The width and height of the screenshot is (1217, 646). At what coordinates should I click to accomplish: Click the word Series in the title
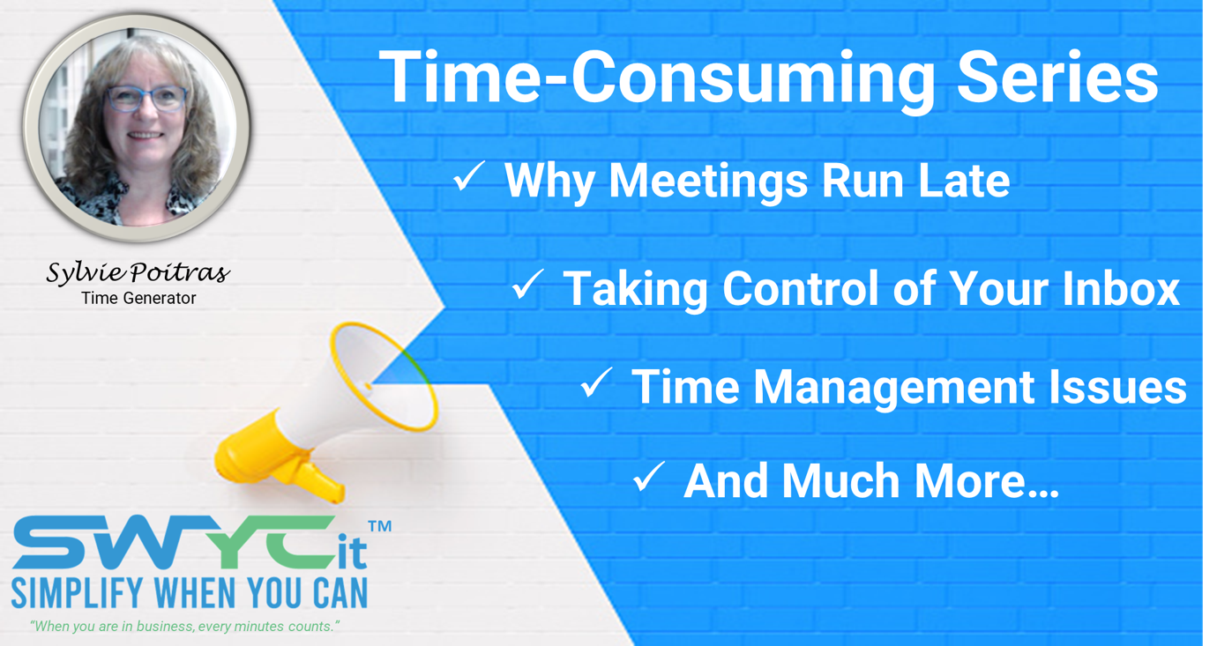(1057, 77)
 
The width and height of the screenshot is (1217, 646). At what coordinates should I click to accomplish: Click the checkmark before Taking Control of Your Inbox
(527, 284)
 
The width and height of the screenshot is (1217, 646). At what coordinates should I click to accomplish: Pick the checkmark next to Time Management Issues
(596, 382)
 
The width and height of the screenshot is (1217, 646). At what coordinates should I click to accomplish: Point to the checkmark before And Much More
(649, 477)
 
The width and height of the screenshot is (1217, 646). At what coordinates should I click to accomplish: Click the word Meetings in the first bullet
(708, 182)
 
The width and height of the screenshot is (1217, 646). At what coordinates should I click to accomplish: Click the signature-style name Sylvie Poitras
(138, 272)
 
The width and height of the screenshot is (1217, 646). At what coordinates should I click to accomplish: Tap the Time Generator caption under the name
(138, 298)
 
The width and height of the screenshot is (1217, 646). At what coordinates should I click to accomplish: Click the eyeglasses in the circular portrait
(146, 99)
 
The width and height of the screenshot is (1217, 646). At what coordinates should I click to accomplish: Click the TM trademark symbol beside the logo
(380, 526)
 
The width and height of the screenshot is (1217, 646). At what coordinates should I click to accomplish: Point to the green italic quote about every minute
(184, 627)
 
